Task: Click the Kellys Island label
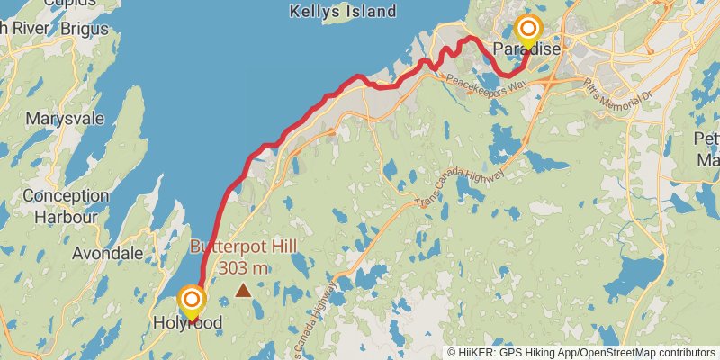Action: [342, 12]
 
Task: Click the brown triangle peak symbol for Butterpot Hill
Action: [243, 290]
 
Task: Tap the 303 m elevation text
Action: [243, 267]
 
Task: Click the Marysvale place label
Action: [65, 119]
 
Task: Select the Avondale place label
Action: [107, 253]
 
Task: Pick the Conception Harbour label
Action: [65, 206]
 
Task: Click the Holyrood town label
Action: [187, 323]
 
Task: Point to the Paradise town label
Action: [527, 49]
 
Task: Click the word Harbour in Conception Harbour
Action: [65, 216]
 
